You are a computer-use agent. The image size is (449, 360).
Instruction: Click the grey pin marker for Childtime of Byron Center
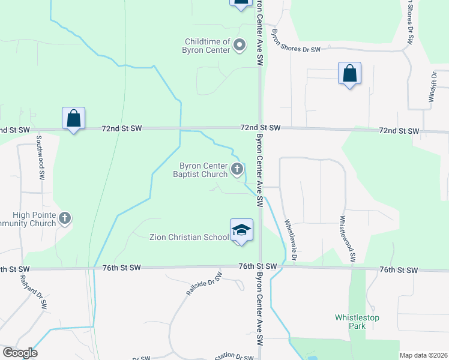240,45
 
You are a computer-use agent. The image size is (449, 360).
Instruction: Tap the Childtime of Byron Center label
207,46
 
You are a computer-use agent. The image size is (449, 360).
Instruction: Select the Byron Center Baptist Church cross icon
237,170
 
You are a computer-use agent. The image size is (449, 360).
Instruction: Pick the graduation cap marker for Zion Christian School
241,230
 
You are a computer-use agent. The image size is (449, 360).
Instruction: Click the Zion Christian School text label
189,237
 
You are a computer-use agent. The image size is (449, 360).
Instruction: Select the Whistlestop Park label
357,322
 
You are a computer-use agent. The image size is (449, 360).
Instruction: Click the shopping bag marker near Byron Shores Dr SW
349,74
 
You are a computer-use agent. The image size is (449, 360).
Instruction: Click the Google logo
20,353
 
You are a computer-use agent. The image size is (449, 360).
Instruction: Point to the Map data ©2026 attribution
423,355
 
